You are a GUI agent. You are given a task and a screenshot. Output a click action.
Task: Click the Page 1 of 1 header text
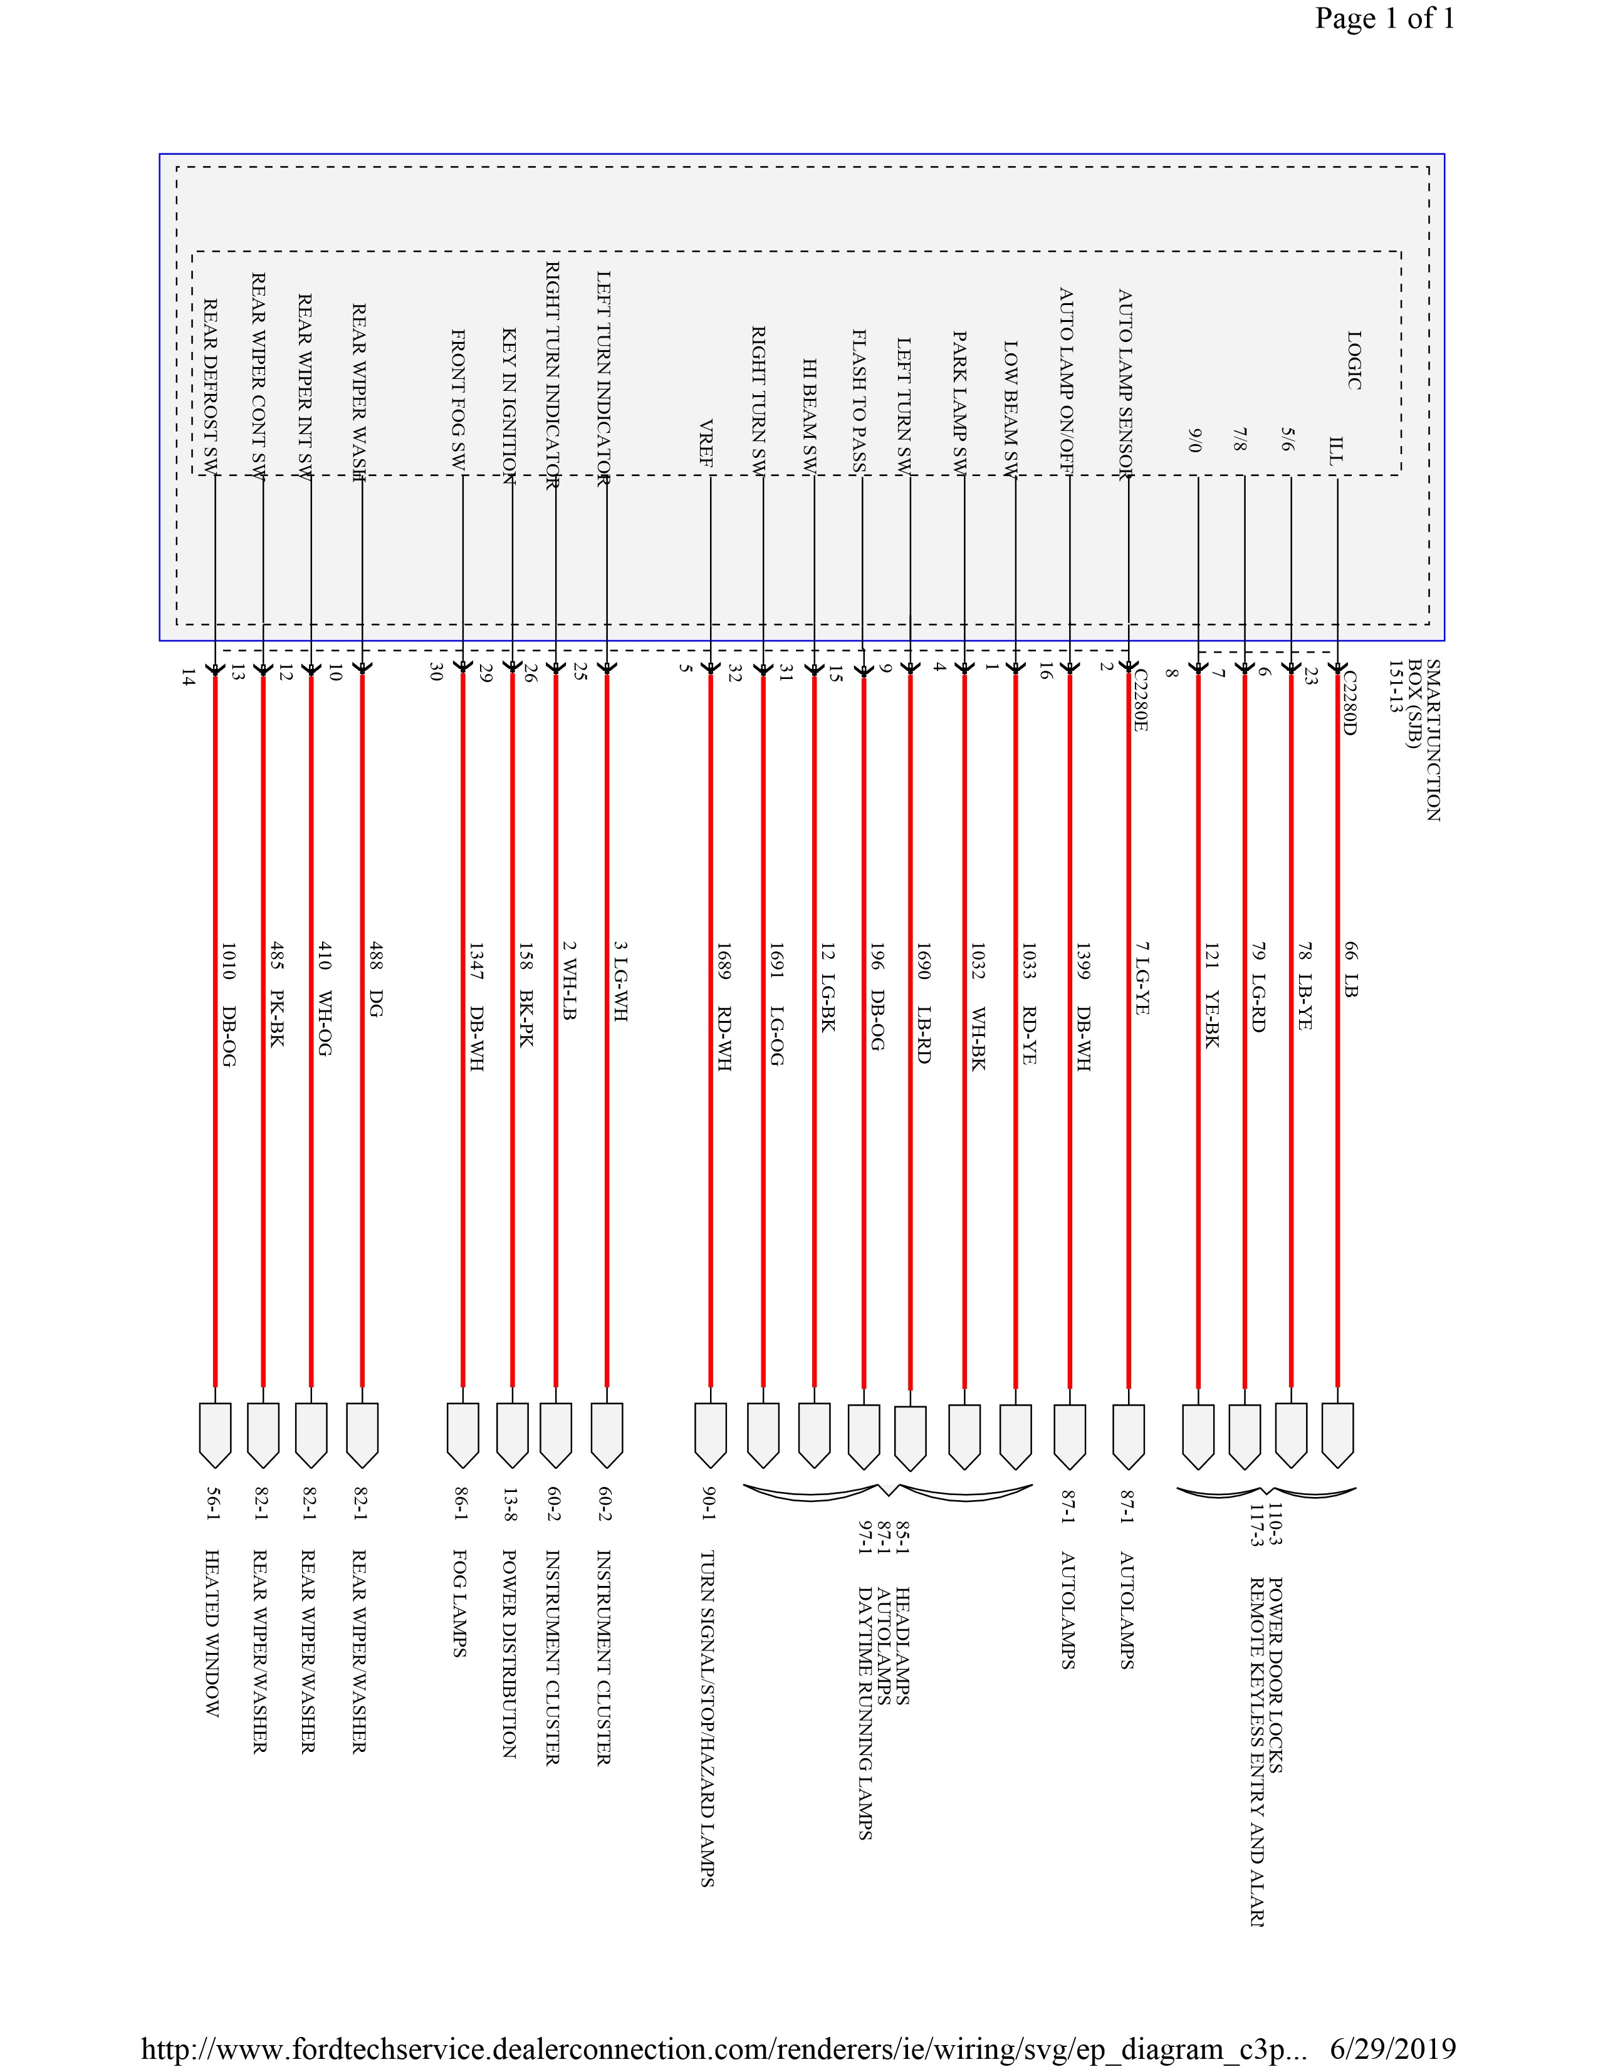[1384, 19]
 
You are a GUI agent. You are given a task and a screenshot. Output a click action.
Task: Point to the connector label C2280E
[1140, 700]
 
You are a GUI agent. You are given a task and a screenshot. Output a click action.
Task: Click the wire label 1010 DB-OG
[227, 1003]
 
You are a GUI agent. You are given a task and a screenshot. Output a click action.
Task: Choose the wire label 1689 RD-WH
[723, 1006]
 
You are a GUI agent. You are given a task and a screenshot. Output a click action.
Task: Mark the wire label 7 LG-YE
[1141, 978]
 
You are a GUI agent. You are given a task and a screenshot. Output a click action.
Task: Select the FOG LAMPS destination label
[459, 1603]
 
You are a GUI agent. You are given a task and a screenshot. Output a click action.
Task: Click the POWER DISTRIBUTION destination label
[508, 1654]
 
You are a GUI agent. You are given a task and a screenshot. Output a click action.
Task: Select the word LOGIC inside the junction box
[1354, 360]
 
